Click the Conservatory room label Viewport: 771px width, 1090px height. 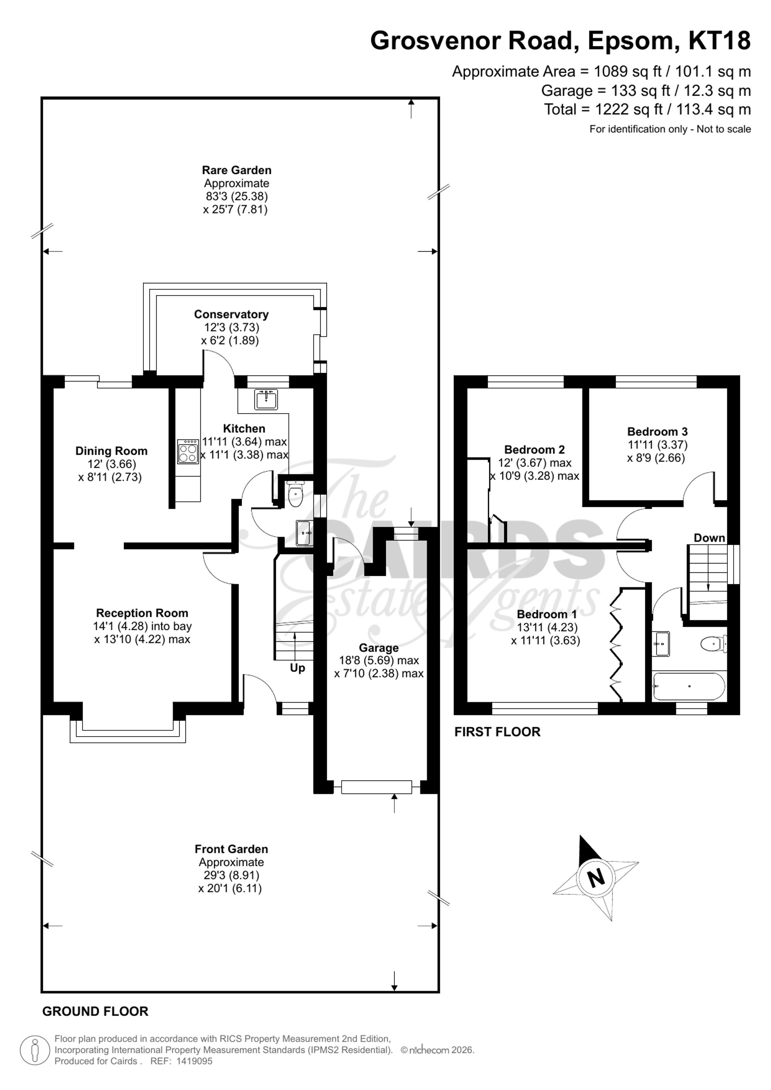tap(231, 314)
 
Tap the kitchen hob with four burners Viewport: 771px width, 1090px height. tap(188, 451)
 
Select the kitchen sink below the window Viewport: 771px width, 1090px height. tap(266, 399)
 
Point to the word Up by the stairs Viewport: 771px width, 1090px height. tap(297, 668)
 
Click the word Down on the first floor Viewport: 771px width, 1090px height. tap(709, 538)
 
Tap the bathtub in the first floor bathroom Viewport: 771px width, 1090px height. tap(689, 686)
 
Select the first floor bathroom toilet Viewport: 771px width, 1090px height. tap(714, 644)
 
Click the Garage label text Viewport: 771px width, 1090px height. tap(379, 648)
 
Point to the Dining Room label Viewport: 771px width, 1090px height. tap(111, 451)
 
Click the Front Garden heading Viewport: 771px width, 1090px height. tap(231, 849)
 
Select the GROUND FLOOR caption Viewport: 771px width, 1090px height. tap(96, 1011)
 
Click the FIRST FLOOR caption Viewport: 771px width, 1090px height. tap(498, 732)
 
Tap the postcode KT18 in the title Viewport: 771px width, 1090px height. tap(720, 40)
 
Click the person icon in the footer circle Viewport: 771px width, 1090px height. tap(35, 1051)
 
